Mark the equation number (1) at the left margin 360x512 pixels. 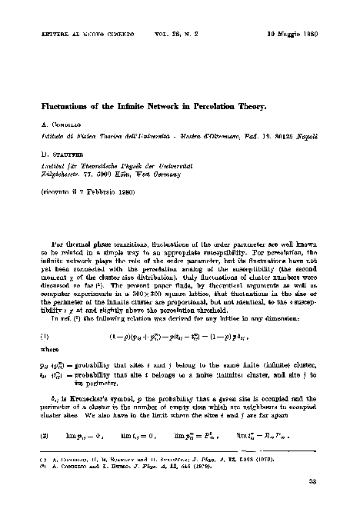pyautogui.click(x=45, y=336)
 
